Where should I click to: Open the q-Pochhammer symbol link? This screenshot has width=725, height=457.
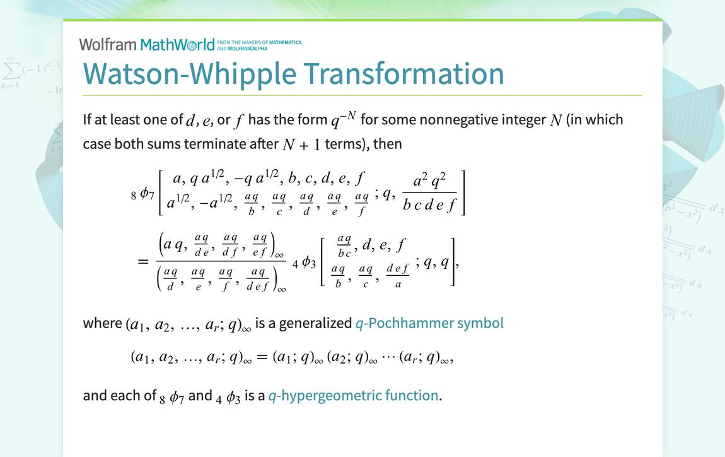tap(429, 323)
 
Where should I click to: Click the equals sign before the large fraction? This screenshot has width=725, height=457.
tap(143, 261)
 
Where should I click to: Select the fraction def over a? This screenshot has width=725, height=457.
tap(398, 276)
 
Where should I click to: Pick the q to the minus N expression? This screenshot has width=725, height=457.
tap(344, 118)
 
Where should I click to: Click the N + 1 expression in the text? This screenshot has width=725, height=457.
tap(302, 144)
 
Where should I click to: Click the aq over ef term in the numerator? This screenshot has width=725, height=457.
tap(259, 244)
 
